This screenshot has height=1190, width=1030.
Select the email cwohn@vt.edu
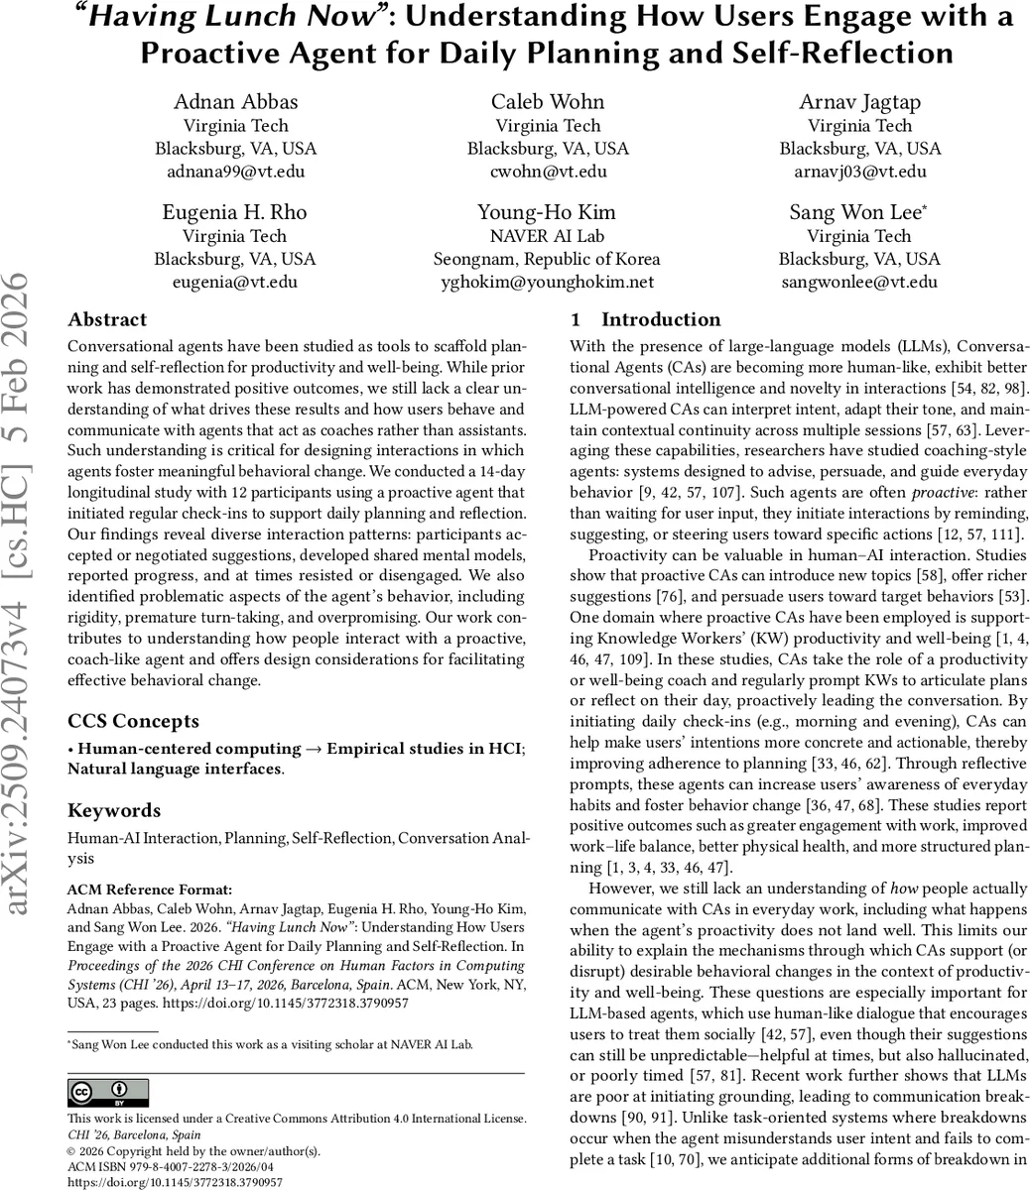pos(548,172)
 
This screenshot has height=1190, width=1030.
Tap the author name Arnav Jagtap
pos(859,101)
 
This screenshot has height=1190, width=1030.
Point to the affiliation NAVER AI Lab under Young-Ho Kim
pos(547,236)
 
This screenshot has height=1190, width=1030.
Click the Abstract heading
pos(107,320)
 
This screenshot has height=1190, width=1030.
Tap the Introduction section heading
pos(645,320)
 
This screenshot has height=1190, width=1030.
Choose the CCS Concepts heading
pos(133,721)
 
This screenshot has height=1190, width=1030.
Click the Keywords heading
pos(114,810)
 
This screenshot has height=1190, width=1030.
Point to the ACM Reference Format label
pos(150,889)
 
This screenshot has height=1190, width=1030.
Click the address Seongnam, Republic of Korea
pos(547,259)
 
